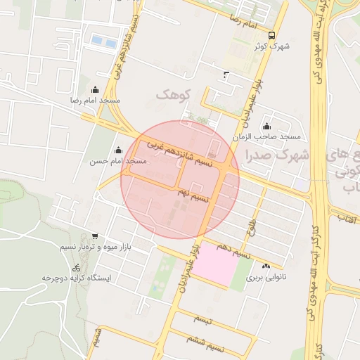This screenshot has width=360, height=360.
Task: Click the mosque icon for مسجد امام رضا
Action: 96,89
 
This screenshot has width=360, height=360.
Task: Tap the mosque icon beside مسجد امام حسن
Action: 118,150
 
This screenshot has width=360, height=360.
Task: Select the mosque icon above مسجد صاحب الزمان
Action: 266,126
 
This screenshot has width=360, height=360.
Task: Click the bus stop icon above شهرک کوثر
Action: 272,35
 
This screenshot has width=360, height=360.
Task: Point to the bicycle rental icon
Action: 76,267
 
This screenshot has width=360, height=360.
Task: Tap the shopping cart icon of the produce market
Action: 95,236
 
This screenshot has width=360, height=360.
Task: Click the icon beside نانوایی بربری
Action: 266,266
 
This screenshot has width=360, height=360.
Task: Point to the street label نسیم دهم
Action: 234,250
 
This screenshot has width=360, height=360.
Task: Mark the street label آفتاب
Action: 347,219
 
